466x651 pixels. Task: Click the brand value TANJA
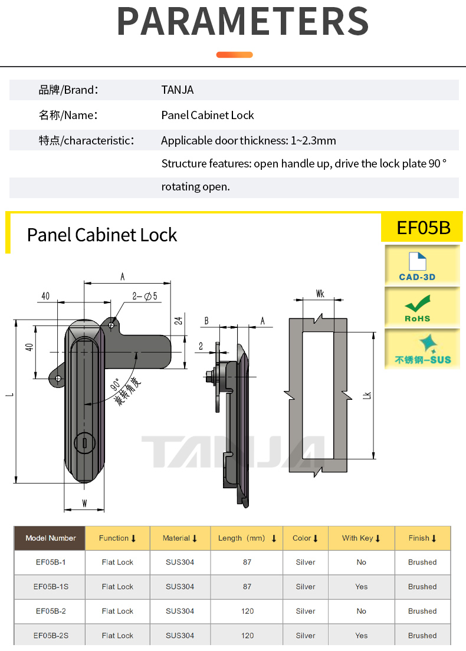pyautogui.click(x=177, y=90)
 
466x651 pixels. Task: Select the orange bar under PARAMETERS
pyautogui.click(x=234, y=55)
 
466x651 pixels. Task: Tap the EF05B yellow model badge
pyautogui.click(x=423, y=228)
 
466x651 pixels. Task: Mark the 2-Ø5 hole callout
pyautogui.click(x=145, y=296)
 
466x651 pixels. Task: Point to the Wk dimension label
pyautogui.click(x=320, y=293)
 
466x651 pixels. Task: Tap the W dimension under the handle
pyautogui.click(x=84, y=504)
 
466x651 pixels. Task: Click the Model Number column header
pyautogui.click(x=50, y=538)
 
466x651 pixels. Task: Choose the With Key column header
pyautogui.click(x=361, y=538)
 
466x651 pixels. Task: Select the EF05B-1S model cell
pyautogui.click(x=50, y=587)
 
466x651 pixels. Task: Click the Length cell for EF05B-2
pyautogui.click(x=247, y=611)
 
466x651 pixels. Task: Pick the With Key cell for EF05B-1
pyautogui.click(x=361, y=562)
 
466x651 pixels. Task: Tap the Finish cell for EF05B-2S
pyautogui.click(x=422, y=636)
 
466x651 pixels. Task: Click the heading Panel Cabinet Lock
pyautogui.click(x=102, y=235)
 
